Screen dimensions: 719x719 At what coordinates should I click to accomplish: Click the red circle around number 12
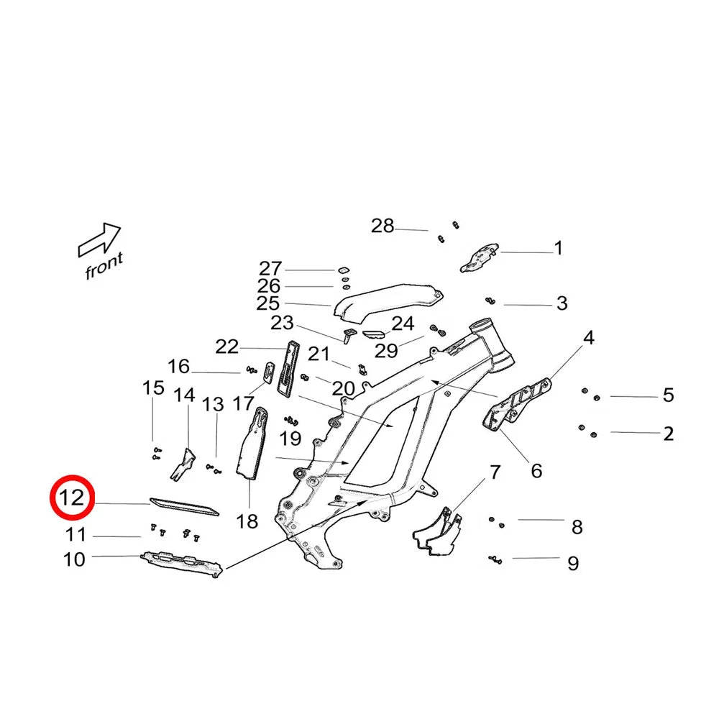point(72,498)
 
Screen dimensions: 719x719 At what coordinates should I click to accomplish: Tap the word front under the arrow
point(104,266)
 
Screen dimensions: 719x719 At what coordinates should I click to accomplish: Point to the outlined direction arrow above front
point(99,239)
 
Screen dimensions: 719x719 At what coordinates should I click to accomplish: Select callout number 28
point(383,226)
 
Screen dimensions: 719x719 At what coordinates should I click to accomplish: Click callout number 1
point(558,249)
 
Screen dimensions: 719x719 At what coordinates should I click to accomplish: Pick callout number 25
point(267,303)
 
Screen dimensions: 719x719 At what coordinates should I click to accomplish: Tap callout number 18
point(247,521)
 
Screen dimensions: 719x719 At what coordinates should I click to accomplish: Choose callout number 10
point(75,559)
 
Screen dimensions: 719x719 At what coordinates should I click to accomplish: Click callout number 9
point(573,563)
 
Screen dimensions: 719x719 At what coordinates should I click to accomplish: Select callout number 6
point(536,471)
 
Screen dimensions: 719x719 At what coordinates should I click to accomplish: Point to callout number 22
point(227,347)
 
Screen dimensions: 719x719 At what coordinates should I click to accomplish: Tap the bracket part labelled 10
point(180,563)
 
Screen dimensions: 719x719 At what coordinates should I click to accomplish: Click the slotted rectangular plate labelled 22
point(289,367)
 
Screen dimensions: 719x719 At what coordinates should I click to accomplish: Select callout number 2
point(669,434)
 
